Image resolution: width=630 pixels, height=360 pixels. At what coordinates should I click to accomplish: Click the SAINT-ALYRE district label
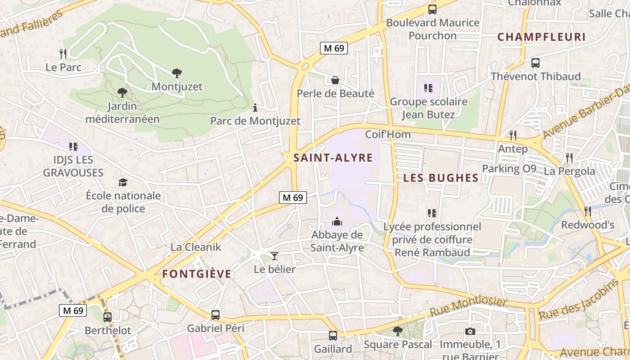pos(333,158)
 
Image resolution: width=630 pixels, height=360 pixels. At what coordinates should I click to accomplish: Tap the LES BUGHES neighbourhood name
pos(441,178)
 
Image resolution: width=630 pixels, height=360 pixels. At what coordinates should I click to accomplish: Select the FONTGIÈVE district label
pos(197,274)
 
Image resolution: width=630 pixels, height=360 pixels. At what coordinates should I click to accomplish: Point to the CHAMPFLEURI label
pos(541,37)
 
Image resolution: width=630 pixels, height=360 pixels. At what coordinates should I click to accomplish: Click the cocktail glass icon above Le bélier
pos(274,256)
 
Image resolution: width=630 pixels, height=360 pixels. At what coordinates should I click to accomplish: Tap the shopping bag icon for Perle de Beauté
pos(335,80)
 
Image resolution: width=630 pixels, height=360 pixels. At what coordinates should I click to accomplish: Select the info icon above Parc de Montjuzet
pos(255,108)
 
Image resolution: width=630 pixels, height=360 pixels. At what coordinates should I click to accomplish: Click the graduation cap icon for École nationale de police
pos(123,182)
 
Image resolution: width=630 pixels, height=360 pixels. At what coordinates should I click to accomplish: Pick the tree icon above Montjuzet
pos(177,73)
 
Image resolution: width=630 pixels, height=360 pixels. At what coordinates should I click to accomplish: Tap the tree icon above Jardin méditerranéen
pos(122,93)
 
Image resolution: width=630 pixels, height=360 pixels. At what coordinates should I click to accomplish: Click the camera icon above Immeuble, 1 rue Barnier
pos(470,332)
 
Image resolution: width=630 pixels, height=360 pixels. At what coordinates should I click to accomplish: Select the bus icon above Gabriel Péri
pos(216,315)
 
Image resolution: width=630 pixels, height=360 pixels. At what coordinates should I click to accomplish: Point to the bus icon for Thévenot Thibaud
pos(535,63)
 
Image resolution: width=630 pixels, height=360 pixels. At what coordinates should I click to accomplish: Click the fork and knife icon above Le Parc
pos(63,54)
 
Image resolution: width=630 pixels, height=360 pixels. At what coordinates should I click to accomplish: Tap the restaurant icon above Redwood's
pos(587,211)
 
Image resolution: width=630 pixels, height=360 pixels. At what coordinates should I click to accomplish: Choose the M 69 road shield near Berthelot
pos(72,310)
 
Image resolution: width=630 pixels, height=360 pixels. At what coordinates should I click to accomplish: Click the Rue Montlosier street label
pos(468,308)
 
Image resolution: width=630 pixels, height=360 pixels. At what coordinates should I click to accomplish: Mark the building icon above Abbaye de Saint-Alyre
pos(337,221)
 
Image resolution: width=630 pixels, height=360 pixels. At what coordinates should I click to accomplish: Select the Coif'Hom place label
pos(388,135)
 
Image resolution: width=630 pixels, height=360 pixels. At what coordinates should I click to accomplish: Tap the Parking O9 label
pos(509,169)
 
